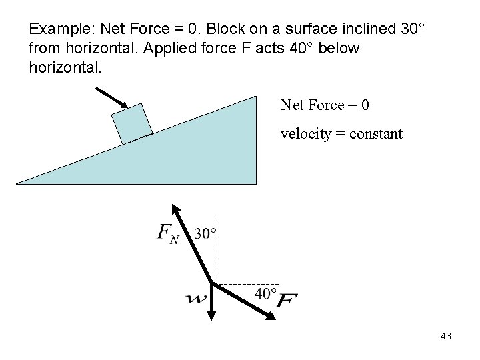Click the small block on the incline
pos(132,123)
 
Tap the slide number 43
pos(446,337)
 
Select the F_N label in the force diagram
pos(167,233)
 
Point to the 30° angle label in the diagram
pos(205,233)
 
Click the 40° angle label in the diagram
pos(266,293)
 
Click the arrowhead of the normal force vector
pos(175,208)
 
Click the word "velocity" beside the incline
pos(305,134)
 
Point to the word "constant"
pos(377,134)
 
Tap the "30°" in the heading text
pos(410,30)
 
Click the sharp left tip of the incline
pos(18,182)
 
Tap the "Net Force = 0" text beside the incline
pos(325,105)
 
